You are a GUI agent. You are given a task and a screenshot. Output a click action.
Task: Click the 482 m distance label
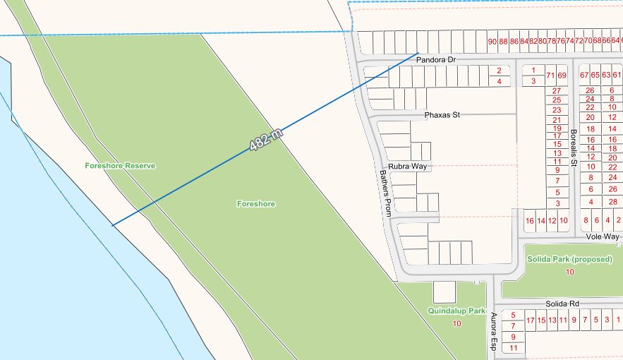(x=266, y=140)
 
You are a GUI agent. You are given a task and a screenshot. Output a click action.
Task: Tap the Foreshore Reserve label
(x=120, y=165)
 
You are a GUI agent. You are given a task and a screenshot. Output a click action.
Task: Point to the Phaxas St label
(x=442, y=114)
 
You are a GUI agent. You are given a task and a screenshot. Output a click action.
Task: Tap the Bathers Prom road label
(x=385, y=193)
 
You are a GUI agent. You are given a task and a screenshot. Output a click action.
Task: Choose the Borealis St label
(x=574, y=148)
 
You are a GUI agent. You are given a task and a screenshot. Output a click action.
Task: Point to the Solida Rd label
(x=562, y=304)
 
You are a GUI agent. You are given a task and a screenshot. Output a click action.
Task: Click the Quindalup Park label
(x=456, y=311)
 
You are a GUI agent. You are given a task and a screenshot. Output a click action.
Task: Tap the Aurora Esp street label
(x=494, y=332)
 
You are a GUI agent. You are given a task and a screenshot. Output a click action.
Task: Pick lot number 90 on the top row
(x=492, y=42)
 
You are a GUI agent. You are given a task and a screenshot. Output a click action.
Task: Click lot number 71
(x=550, y=76)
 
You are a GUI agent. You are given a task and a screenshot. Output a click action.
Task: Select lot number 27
(x=557, y=91)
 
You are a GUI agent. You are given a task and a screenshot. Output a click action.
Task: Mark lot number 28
(x=612, y=203)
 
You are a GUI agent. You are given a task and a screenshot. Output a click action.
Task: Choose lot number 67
(x=583, y=76)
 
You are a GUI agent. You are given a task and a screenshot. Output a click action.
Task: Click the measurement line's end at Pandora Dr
(x=418, y=53)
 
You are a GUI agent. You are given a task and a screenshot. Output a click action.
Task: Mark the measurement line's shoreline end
(x=112, y=225)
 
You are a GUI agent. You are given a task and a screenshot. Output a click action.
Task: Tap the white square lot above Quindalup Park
(x=444, y=292)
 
